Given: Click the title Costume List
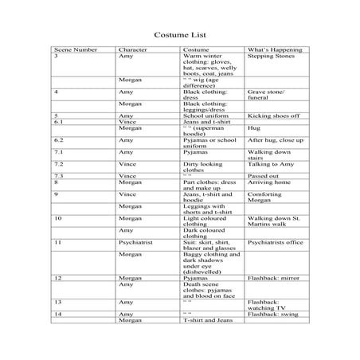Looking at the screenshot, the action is click(x=178, y=35).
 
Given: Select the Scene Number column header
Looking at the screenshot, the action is click(x=76, y=50).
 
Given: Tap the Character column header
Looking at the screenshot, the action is click(x=132, y=50).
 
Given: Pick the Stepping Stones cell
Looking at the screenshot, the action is click(x=270, y=57).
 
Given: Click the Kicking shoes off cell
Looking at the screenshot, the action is click(x=272, y=115).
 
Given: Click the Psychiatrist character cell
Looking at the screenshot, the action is click(x=136, y=241).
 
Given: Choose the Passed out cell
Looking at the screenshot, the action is click(x=262, y=175).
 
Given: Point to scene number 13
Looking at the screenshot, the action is click(x=59, y=303).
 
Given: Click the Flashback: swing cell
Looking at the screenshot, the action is click(x=273, y=315).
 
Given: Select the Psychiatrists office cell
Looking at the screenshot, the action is click(x=275, y=241).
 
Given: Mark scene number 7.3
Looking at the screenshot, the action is click(x=59, y=175).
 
